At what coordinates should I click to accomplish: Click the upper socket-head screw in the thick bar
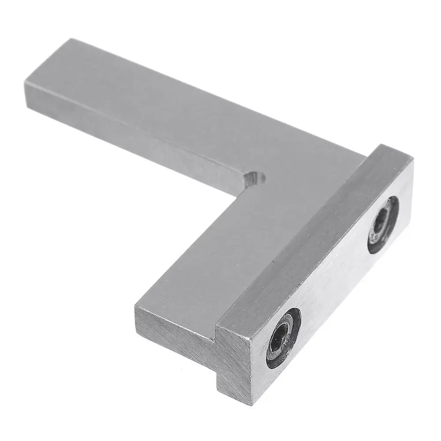pyautogui.click(x=383, y=224)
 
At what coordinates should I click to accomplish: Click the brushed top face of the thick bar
pyautogui.click(x=304, y=234)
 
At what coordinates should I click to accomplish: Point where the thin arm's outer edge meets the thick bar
pyautogui.click(x=365, y=154)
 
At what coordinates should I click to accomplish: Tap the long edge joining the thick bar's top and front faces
pyautogui.click(x=318, y=247)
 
